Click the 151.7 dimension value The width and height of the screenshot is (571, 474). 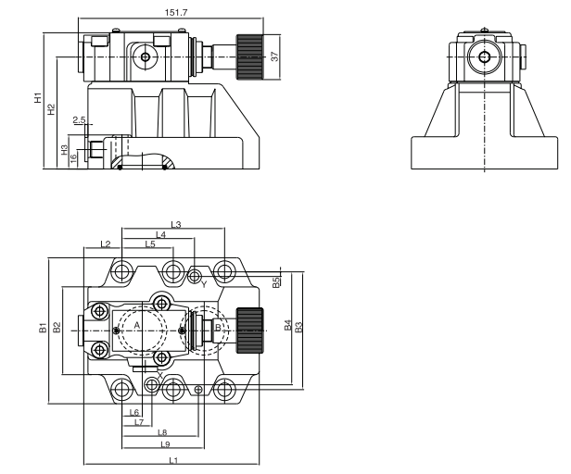point(171,12)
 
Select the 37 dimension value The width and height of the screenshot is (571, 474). point(274,56)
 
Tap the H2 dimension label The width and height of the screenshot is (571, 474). point(52,109)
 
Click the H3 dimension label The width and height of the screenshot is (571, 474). point(64,149)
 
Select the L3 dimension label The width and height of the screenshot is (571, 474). point(175,224)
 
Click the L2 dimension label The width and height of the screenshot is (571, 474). point(105,244)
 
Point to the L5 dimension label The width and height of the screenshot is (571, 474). point(150,244)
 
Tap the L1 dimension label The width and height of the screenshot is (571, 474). point(172,460)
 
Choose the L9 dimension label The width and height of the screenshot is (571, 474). point(164,445)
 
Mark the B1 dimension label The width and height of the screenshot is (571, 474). point(43,326)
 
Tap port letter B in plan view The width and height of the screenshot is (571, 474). point(217,326)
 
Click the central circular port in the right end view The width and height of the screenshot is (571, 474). point(484,56)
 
